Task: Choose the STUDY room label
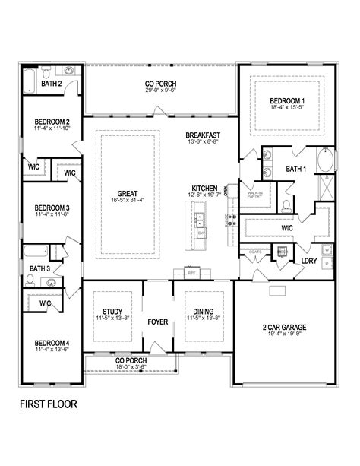tap(113, 311)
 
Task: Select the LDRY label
tap(309, 261)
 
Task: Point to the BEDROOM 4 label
tap(52, 343)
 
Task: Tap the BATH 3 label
tap(39, 268)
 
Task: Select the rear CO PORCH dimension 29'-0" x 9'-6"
tap(160, 90)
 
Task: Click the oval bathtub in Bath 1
tap(327, 160)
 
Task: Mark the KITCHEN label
tap(204, 188)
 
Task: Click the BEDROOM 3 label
tap(52, 208)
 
